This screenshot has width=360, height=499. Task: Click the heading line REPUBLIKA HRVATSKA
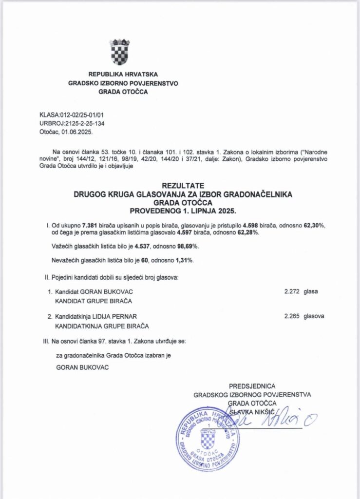(x=123, y=74)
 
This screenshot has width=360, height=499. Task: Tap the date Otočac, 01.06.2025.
(x=66, y=132)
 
